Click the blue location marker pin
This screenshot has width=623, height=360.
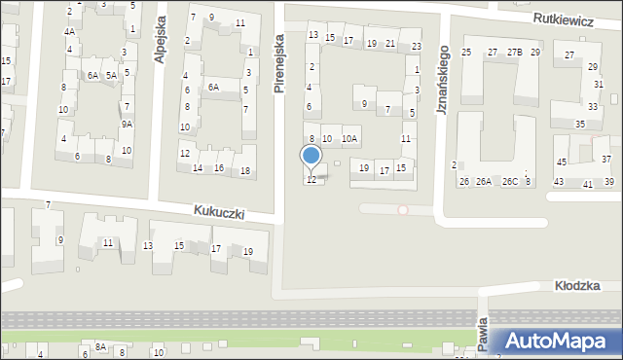(x=311, y=157)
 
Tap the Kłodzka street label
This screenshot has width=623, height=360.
(x=576, y=285)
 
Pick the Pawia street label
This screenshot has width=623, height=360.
(x=483, y=334)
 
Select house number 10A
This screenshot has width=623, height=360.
(x=349, y=139)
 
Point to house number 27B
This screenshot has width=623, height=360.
(x=514, y=52)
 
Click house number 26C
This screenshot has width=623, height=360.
(x=510, y=182)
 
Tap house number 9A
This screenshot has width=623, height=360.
(x=127, y=124)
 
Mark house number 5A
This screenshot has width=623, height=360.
(x=112, y=75)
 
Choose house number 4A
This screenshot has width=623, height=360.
(x=69, y=31)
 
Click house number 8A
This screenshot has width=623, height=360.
(x=100, y=346)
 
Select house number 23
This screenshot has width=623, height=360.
(x=417, y=47)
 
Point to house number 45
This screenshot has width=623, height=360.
(x=561, y=162)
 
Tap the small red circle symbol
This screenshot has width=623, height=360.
(x=403, y=209)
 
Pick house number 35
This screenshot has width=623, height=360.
(x=580, y=124)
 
